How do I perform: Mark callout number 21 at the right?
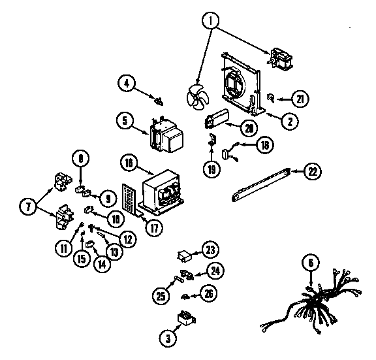pyautogui.click(x=299, y=99)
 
